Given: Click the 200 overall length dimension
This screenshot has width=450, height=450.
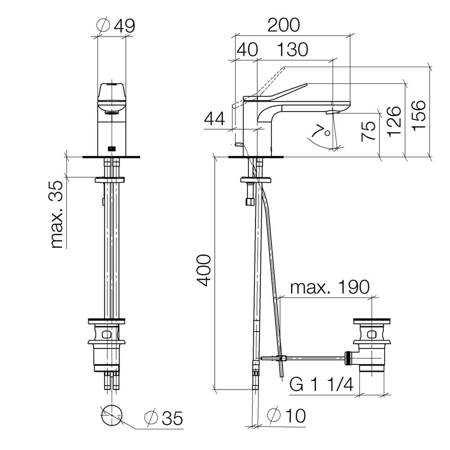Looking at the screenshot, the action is point(283,25).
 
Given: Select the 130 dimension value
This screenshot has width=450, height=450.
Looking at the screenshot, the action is point(292,49).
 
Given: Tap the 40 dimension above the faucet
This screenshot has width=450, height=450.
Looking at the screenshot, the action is point(247,49).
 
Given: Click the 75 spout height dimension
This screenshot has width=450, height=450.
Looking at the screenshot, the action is point(369,130).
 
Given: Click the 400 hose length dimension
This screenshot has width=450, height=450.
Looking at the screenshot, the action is point(205,270).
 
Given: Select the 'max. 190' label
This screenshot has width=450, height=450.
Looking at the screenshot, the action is point(330,287).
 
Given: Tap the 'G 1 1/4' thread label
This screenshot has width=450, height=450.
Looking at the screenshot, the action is point(321,384).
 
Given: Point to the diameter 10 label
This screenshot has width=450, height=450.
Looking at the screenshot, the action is point(286,415).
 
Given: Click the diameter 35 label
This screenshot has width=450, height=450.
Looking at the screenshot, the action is point(164,418).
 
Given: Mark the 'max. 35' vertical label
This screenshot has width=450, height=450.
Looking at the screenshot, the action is point(57,214).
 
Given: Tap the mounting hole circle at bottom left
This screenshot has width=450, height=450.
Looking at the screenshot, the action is point(112,415).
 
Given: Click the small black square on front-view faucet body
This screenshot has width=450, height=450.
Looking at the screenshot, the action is point(112,148).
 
